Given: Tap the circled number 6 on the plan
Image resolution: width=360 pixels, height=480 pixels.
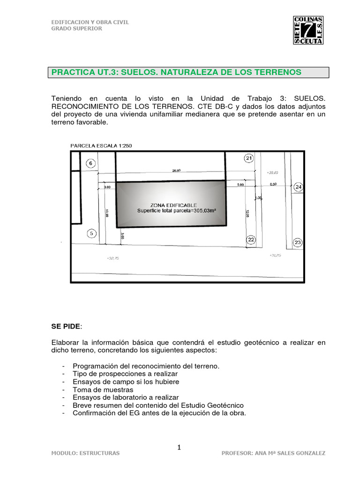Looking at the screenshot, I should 91,163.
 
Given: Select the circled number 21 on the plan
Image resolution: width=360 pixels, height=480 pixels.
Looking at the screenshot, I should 248,158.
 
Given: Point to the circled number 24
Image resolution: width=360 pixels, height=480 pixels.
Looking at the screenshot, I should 299,187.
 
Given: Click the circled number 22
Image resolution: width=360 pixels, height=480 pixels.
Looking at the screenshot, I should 251,240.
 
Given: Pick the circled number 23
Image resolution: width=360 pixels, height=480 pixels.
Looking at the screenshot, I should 298,242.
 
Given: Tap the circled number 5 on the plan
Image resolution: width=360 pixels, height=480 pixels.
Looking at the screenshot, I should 91,233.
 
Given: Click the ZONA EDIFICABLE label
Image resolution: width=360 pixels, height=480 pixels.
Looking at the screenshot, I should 173,205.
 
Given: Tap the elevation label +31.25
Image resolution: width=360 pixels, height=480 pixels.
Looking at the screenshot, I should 275,255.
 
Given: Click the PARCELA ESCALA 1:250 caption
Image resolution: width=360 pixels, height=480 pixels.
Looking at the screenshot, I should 101,146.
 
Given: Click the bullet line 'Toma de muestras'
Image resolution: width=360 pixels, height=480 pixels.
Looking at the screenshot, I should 103,390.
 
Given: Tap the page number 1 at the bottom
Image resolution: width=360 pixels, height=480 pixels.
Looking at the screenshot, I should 179,448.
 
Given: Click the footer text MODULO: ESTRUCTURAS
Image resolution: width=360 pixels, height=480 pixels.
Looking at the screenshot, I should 85,453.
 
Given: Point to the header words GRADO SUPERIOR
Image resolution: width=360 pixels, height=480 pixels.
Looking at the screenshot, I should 76,28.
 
